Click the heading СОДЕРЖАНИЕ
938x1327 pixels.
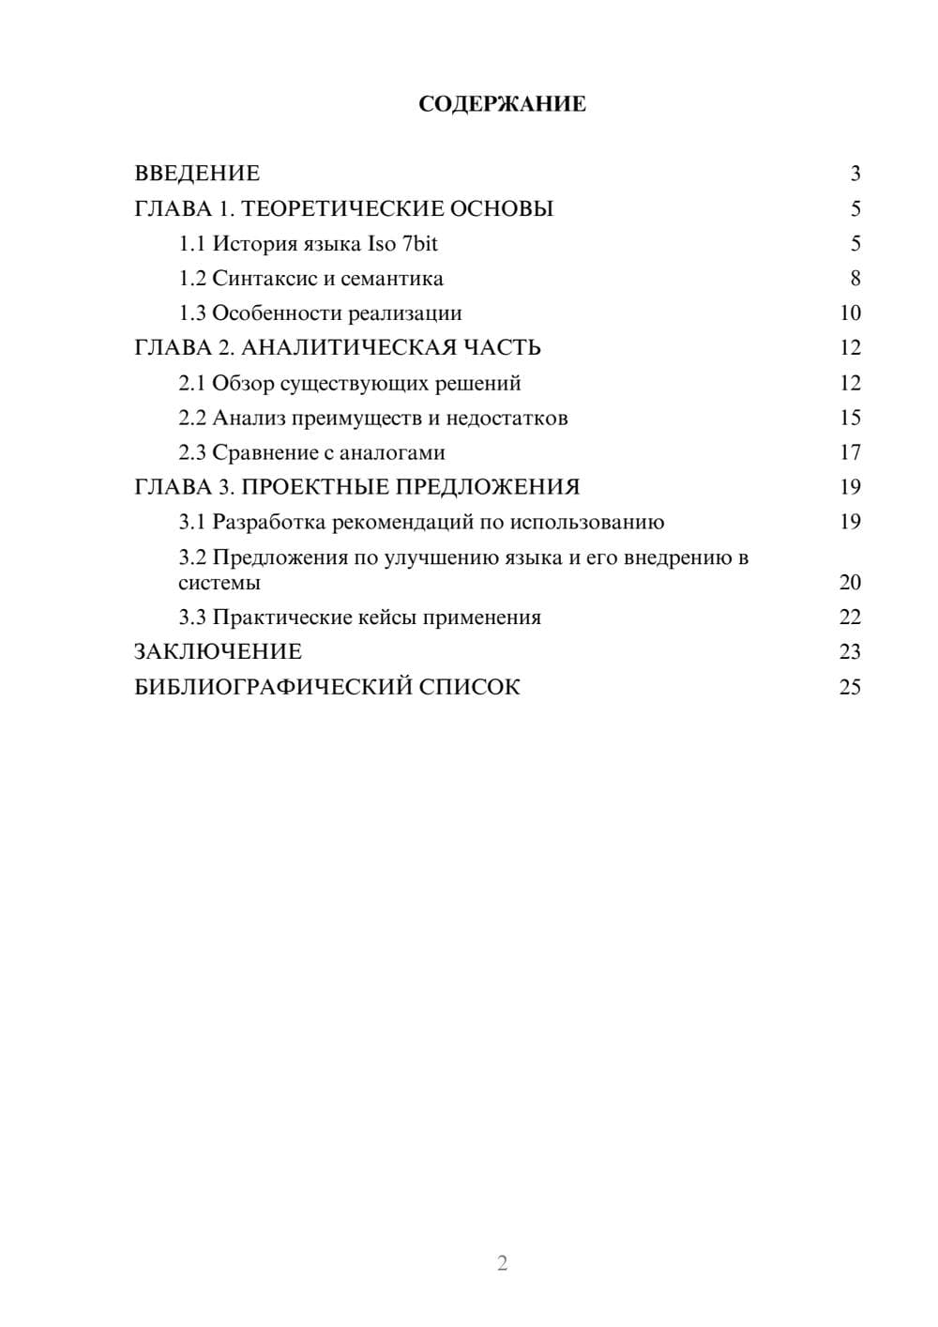pyautogui.click(x=502, y=104)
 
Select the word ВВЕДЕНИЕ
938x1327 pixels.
pyautogui.click(x=197, y=174)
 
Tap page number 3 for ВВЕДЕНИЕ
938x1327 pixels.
pyautogui.click(x=855, y=174)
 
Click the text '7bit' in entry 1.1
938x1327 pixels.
pyautogui.click(x=419, y=244)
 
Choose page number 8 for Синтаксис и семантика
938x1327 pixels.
pyautogui.click(x=855, y=279)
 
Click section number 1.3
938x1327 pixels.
pyautogui.click(x=192, y=313)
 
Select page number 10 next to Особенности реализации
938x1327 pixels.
pyautogui.click(x=850, y=313)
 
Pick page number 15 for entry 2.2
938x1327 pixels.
pyautogui.click(x=850, y=418)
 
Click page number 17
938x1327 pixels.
pyautogui.click(x=850, y=452)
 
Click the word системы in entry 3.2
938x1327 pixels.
pyautogui.click(x=219, y=583)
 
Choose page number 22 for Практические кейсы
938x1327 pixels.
pyautogui.click(x=850, y=618)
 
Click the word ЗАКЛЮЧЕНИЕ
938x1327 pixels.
pyautogui.click(x=218, y=651)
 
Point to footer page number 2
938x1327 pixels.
pyautogui.click(x=502, y=1263)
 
